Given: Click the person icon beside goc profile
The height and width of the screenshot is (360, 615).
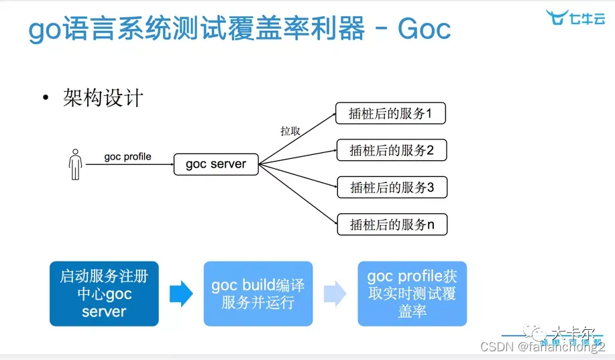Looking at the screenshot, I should pyautogui.click(x=75, y=164).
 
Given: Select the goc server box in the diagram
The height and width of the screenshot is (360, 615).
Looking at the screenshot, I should pyautogui.click(x=216, y=164).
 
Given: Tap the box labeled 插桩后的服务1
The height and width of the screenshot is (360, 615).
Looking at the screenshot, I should pyautogui.click(x=391, y=114).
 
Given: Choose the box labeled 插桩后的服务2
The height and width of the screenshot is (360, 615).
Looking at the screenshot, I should pyautogui.click(x=391, y=151).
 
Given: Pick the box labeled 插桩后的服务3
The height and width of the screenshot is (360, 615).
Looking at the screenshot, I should pyautogui.click(x=391, y=188).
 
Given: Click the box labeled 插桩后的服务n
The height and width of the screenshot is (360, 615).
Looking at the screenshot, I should pyautogui.click(x=391, y=225).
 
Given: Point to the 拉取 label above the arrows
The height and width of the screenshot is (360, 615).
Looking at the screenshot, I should pyautogui.click(x=290, y=131).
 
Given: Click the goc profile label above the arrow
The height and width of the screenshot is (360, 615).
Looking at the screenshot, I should pyautogui.click(x=127, y=157).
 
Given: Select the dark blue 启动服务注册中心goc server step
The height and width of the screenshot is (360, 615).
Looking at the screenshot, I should pyautogui.click(x=104, y=294).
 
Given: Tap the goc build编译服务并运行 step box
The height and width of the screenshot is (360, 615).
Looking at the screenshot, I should pyautogui.click(x=258, y=294).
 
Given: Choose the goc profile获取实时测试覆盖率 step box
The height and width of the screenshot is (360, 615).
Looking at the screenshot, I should pyautogui.click(x=412, y=294).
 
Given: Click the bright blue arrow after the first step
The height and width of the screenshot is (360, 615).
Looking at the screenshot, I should pyautogui.click(x=181, y=294).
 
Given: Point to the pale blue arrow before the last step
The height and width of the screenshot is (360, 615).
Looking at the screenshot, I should pyautogui.click(x=335, y=294).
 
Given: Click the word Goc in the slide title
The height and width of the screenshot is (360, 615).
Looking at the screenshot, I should pyautogui.click(x=424, y=29).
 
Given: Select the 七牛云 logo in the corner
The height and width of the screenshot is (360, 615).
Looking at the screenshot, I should pyautogui.click(x=575, y=18).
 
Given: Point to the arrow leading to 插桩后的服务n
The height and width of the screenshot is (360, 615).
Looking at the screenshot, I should pyautogui.click(x=298, y=195).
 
